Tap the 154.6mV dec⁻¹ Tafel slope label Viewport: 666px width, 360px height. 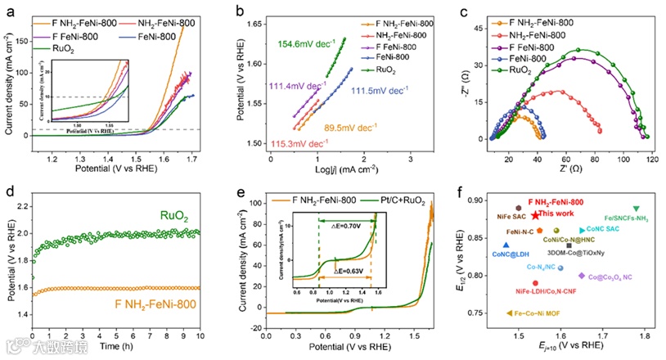[308, 44]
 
